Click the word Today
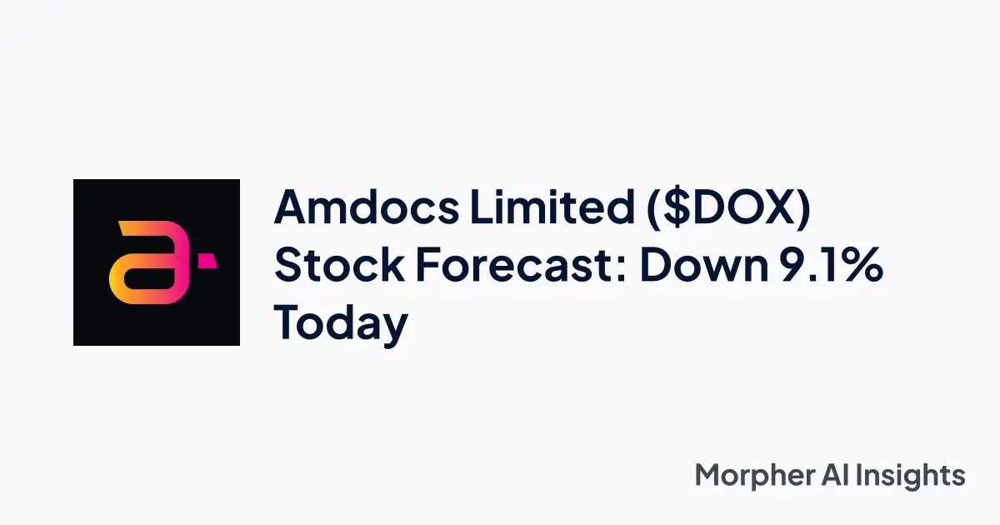[x=341, y=324]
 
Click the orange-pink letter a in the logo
[x=145, y=262]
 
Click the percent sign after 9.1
[x=863, y=266]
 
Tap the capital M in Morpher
[x=709, y=476]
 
